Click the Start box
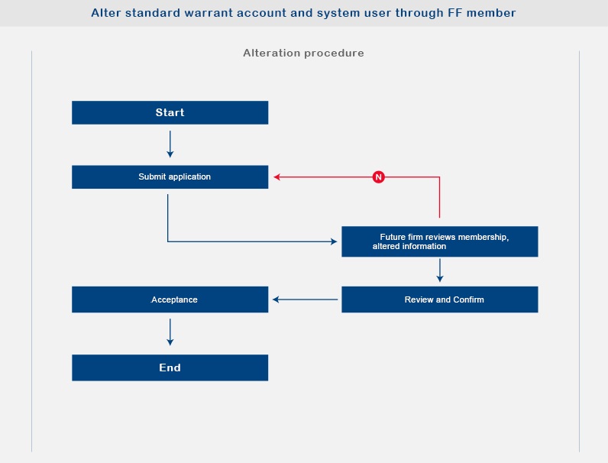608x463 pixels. [170, 112]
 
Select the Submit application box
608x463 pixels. [170, 176]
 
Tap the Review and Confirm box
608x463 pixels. [440, 299]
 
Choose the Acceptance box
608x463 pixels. [170, 299]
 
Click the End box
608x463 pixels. [170, 367]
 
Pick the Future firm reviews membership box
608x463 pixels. [440, 241]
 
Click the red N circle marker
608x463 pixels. [378, 176]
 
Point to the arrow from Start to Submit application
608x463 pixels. [170, 144]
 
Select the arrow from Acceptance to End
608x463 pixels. [170, 332]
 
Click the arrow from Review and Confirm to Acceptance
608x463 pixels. [306, 299]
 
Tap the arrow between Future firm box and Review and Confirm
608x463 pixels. [440, 270]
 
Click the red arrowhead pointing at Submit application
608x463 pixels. [277, 176]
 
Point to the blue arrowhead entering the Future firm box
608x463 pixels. [334, 241]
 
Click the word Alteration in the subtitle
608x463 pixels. [272, 53]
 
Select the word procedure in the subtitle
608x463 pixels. [334, 53]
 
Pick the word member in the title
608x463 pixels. [491, 13]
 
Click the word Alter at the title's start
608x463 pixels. [106, 13]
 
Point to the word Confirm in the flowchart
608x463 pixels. [468, 299]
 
